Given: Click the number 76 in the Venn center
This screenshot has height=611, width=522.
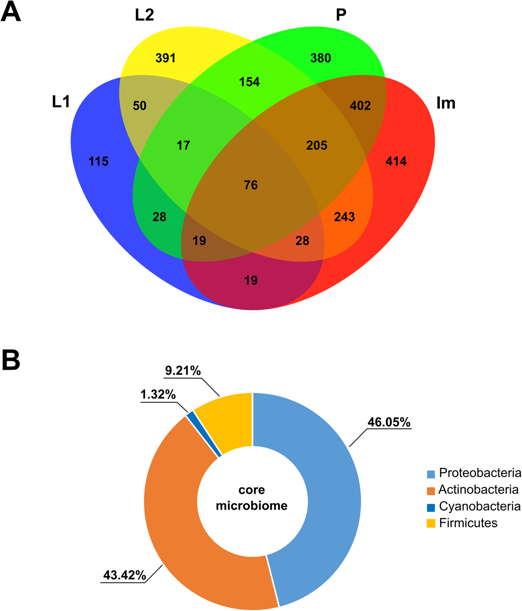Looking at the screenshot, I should coord(251,185).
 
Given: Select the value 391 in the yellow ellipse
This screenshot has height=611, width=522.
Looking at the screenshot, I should coord(165,58).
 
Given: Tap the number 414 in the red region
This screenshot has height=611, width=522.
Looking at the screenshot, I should coord(396,161).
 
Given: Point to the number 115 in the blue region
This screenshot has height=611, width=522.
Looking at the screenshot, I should coord(99,161).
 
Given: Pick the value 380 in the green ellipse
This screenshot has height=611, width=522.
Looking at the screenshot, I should coord(321,58).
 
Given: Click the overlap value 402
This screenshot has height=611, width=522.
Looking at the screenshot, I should coord(360,106).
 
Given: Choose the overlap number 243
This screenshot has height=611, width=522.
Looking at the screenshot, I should coord(345,217).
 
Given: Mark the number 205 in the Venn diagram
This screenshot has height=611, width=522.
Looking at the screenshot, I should coord(317,146).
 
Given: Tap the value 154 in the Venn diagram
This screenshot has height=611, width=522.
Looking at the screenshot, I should coord(249,82).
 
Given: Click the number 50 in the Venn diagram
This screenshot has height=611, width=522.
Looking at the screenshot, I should coord(139,106).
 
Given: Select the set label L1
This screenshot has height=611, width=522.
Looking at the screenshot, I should coord(61,102).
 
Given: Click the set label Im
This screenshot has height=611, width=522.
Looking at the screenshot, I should coord(446,103).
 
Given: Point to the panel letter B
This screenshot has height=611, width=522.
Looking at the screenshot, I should coord(11,360).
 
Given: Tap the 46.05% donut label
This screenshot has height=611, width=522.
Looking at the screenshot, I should coord(389,422).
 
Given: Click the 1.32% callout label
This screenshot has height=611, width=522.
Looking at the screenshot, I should coord(158,395).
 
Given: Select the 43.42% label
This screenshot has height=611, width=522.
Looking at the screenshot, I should coord(124,576).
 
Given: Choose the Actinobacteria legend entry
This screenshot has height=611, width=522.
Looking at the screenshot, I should coord(473,489).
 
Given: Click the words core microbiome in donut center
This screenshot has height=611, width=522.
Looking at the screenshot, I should coord(251,498).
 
